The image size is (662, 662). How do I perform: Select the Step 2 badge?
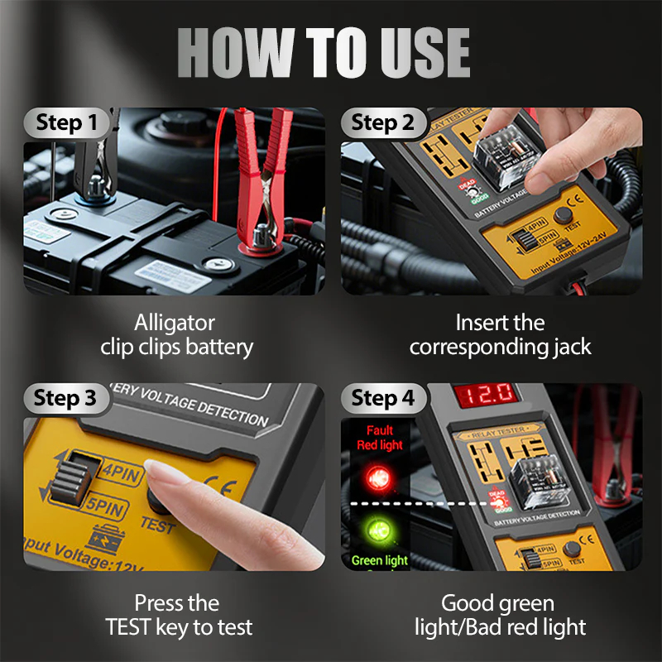382,123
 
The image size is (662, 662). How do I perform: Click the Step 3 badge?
65,398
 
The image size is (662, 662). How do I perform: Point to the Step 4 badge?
382,398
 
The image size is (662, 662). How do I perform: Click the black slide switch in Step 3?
65,480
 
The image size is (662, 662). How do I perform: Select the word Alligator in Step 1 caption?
175,323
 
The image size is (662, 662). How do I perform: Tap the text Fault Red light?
380,438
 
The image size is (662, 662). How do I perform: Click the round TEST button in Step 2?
566,216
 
